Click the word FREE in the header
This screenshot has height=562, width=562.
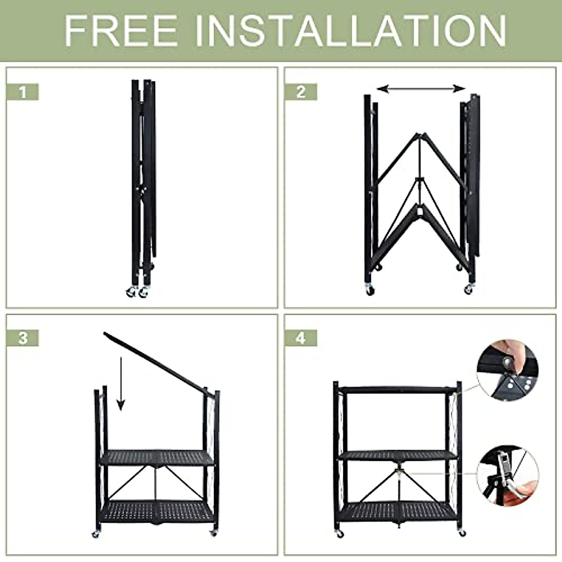[x=121, y=31]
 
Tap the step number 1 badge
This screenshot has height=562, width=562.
[x=22, y=92]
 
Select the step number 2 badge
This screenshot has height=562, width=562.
[x=301, y=92]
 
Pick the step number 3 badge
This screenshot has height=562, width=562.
[x=22, y=338]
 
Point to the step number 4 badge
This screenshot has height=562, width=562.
[x=301, y=338]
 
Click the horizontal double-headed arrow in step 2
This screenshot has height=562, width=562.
[x=421, y=89]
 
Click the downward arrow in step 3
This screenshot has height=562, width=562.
[x=121, y=384]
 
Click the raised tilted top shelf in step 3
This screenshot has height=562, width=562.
[x=155, y=361]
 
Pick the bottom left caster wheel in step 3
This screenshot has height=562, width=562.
[x=96, y=534]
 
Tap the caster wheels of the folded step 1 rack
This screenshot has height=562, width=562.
[x=136, y=292]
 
